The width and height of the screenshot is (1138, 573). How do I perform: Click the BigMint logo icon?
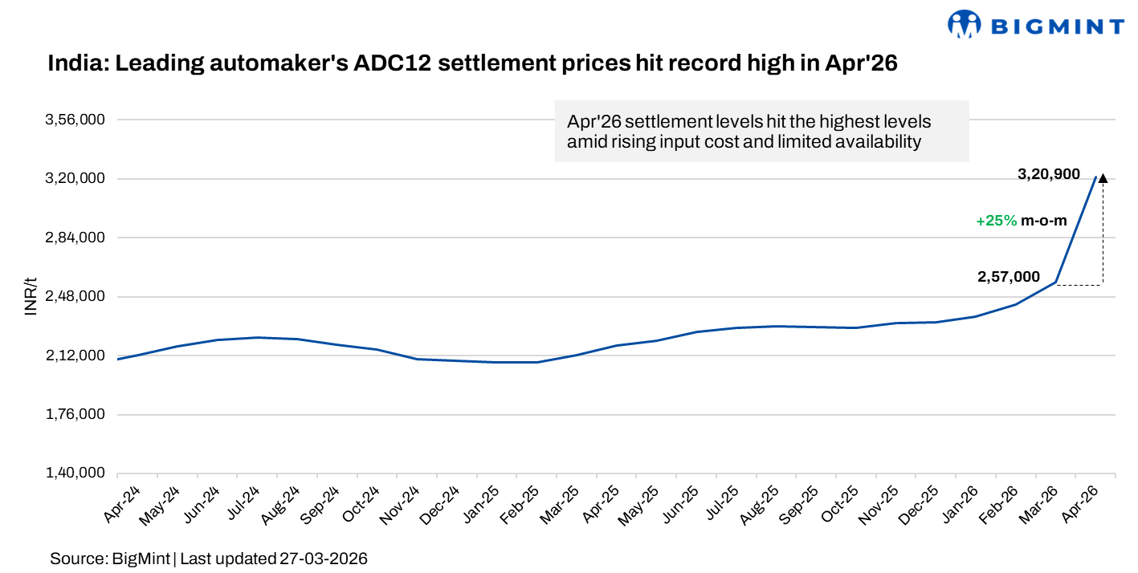click(x=965, y=25)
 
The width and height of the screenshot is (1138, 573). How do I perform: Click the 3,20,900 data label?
click(x=1048, y=174)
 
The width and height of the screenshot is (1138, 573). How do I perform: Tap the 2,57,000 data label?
click(x=1008, y=277)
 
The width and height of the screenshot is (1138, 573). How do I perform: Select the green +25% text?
click(x=997, y=221)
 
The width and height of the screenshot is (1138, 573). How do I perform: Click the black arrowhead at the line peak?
click(x=1103, y=178)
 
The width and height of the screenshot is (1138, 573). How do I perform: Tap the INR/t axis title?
click(x=31, y=297)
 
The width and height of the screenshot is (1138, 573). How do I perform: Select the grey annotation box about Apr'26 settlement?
click(x=761, y=132)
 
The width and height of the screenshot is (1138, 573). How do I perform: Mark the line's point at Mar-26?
click(x=1056, y=282)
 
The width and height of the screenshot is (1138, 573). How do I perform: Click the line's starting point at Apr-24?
click(x=117, y=359)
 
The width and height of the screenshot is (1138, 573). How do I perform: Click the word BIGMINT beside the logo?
click(x=1056, y=26)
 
